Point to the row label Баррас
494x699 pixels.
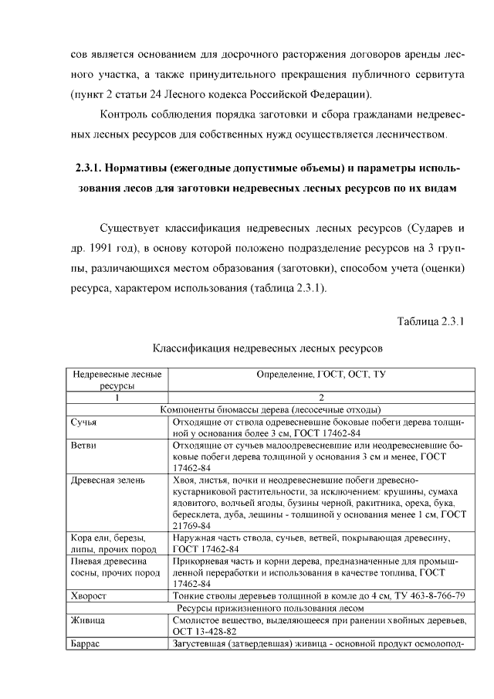pyautogui.click(x=85, y=643)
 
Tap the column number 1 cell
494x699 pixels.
pyautogui.click(x=117, y=397)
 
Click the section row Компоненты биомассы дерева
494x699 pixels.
pyautogui.click(x=272, y=409)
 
